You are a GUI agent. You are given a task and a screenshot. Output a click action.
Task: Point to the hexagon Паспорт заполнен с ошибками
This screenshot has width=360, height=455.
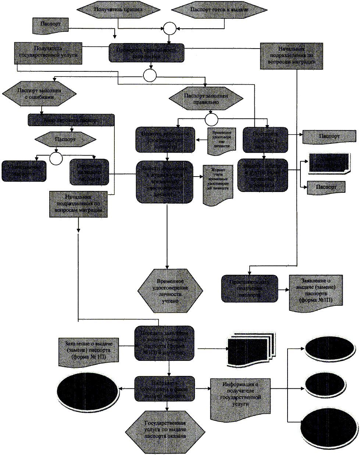tap(39, 93)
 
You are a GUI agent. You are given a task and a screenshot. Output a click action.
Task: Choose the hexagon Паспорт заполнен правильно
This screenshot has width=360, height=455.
tap(206, 99)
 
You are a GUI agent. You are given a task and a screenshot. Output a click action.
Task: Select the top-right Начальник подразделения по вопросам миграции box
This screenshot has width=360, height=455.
tap(292, 56)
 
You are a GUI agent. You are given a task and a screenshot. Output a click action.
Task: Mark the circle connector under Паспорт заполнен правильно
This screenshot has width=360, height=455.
tap(211, 120)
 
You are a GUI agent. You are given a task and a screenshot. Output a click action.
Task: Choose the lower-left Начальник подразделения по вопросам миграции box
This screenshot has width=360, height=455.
tap(78, 203)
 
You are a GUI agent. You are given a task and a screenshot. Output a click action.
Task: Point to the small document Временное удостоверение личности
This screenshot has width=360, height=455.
tap(221, 139)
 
